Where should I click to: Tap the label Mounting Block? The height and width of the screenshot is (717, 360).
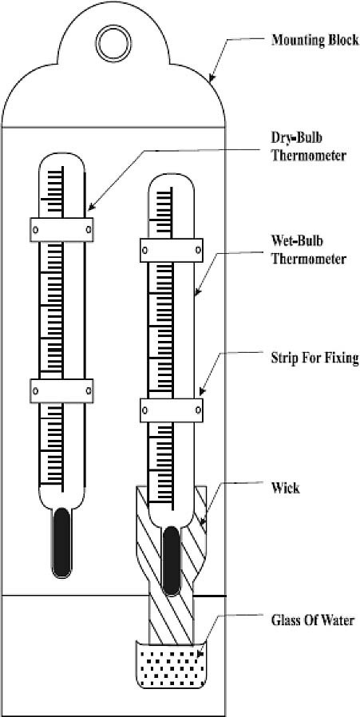click(x=315, y=40)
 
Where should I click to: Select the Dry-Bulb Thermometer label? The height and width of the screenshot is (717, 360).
click(x=308, y=146)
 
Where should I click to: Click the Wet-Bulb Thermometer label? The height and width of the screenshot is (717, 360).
click(x=308, y=251)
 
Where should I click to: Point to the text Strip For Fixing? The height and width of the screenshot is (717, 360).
click(x=315, y=358)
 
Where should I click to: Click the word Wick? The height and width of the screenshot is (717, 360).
click(x=286, y=488)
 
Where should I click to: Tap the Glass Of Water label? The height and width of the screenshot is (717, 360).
click(x=313, y=621)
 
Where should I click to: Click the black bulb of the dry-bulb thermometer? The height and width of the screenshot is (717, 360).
click(x=61, y=543)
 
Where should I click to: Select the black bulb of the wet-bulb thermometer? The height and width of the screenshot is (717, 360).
click(x=171, y=561)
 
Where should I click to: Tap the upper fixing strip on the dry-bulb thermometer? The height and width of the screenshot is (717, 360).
click(x=61, y=229)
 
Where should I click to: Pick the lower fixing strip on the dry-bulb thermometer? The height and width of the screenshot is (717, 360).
click(x=61, y=391)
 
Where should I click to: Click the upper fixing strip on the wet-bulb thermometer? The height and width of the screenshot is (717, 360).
click(x=172, y=250)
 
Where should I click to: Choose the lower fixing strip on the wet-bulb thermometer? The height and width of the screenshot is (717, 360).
click(x=172, y=410)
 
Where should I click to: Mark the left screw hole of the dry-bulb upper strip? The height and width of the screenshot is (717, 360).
click(x=35, y=229)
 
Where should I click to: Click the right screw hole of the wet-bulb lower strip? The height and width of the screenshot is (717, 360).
click(x=199, y=410)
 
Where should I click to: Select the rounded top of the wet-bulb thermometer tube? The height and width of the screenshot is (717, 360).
click(x=171, y=180)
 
